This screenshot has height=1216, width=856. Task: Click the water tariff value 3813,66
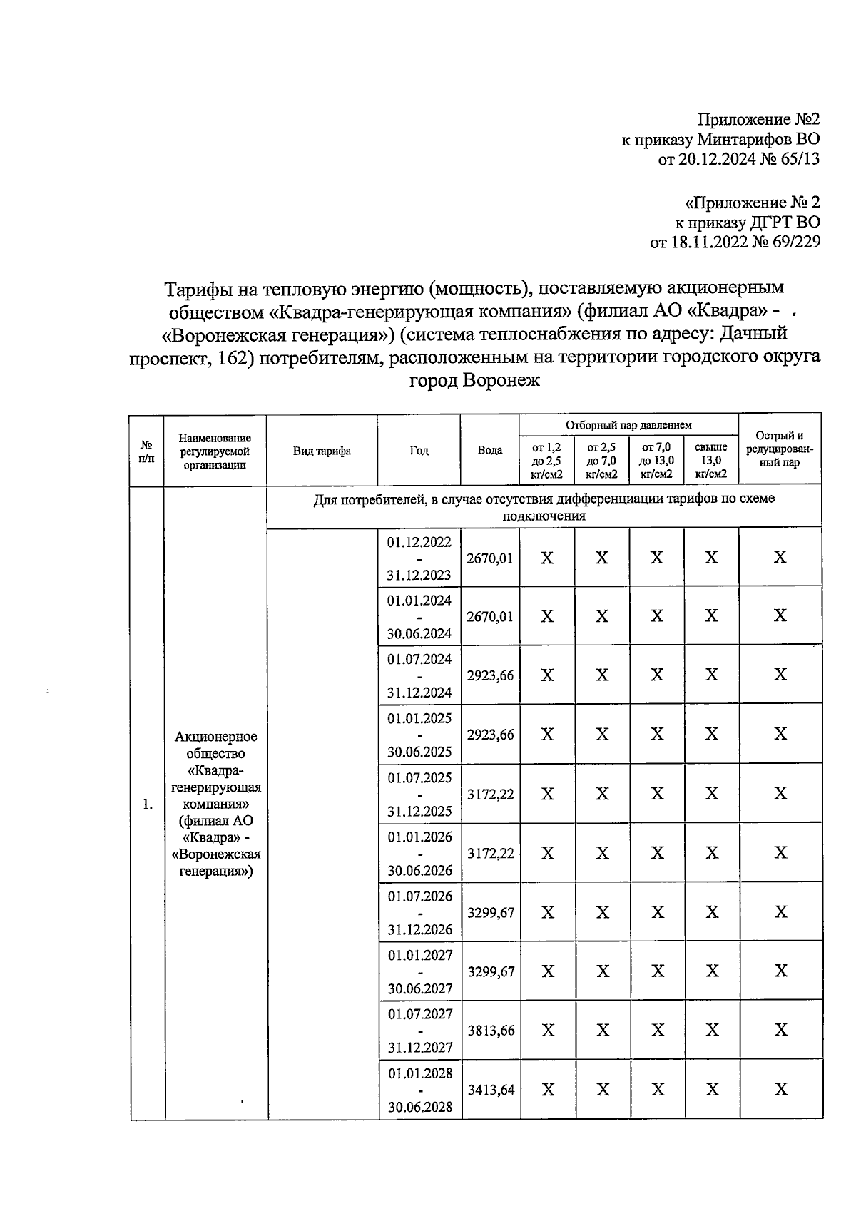[x=491, y=1030]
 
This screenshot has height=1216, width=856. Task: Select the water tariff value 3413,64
[x=491, y=1089]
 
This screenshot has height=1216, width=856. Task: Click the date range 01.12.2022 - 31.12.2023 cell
[x=419, y=558]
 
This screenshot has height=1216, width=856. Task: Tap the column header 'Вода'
[x=489, y=450]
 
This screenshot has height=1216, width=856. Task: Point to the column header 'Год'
[x=419, y=450]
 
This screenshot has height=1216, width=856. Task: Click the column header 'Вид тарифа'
[x=322, y=451]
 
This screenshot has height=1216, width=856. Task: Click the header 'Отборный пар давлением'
[x=628, y=425]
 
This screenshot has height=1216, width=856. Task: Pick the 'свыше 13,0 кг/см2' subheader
[x=711, y=460]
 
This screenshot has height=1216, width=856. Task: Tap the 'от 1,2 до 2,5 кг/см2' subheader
[x=547, y=460]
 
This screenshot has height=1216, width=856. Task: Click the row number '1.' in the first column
[x=147, y=804]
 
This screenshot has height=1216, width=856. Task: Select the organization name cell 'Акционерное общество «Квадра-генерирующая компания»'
[x=216, y=803]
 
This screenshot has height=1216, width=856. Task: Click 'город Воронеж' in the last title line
[x=474, y=379]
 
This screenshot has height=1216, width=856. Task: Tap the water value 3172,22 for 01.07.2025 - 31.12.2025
[x=491, y=794]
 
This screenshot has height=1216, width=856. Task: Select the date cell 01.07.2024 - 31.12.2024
[x=419, y=675]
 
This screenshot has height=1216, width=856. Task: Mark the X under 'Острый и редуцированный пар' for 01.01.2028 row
[x=780, y=1089]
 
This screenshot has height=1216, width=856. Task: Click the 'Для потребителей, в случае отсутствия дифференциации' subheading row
[x=544, y=507]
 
